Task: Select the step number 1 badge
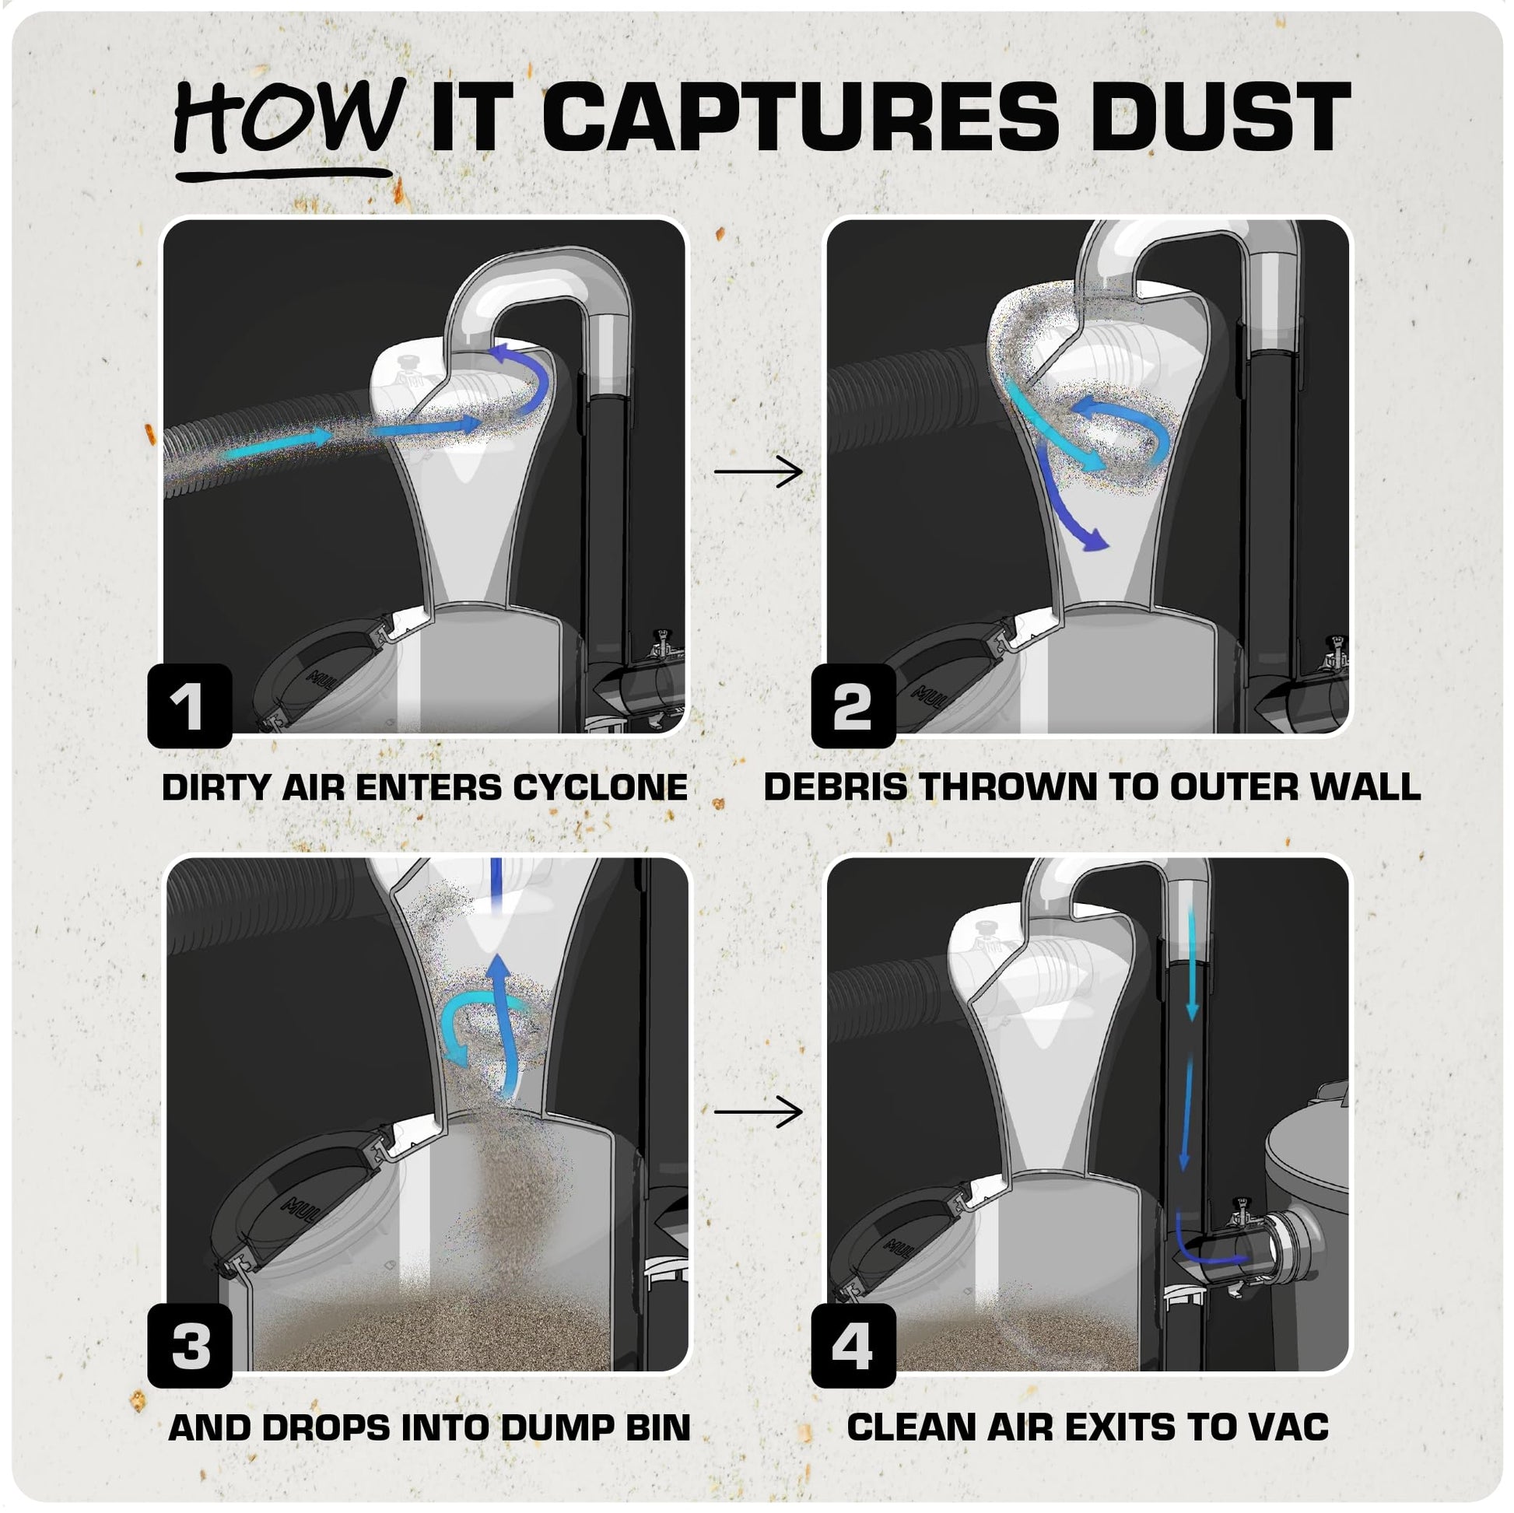[190, 706]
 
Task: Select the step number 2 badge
[853, 706]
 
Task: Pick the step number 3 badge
[190, 1345]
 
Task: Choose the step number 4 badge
[853, 1345]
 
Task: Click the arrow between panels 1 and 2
[759, 471]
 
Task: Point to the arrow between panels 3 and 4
[759, 1111]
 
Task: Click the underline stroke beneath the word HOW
[284, 174]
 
